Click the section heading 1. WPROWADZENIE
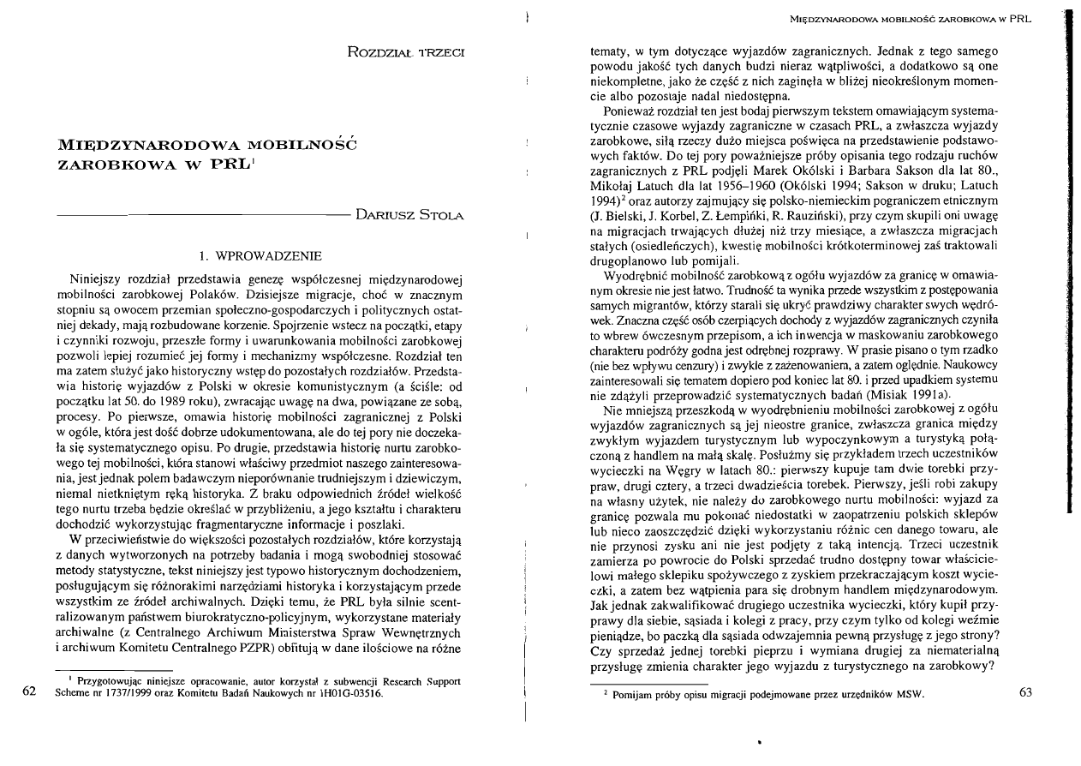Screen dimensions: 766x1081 click(260, 255)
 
